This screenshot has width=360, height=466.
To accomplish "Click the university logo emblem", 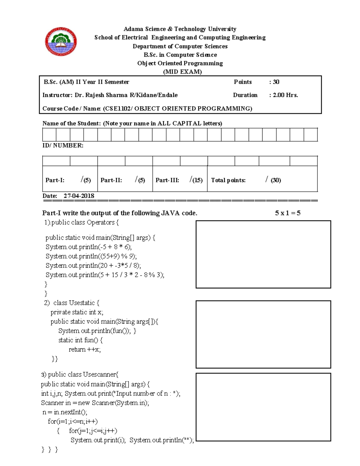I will click(x=61, y=41).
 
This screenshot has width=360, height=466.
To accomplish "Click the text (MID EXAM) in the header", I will click(x=182, y=72).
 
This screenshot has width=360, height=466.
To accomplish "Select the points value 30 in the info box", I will click(x=276, y=82).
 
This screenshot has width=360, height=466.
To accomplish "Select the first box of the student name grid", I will click(x=49, y=135).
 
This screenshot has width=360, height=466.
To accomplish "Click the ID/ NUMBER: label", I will click(x=63, y=146).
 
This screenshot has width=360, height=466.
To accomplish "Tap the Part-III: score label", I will click(x=167, y=180).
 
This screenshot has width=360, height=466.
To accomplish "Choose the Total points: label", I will click(x=228, y=180).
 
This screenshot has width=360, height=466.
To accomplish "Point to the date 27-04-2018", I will click(x=79, y=196).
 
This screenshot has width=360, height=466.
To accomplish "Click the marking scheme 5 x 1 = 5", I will click(x=287, y=213).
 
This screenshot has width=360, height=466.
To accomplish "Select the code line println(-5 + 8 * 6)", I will click(x=88, y=247).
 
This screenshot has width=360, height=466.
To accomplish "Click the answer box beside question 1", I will click(x=263, y=254).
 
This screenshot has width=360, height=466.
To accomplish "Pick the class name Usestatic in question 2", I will click(x=82, y=303).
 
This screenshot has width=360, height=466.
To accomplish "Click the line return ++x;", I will click(x=85, y=350).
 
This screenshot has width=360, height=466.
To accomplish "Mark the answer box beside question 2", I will click(x=263, y=334).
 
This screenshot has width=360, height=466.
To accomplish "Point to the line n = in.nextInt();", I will click(x=65, y=412).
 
